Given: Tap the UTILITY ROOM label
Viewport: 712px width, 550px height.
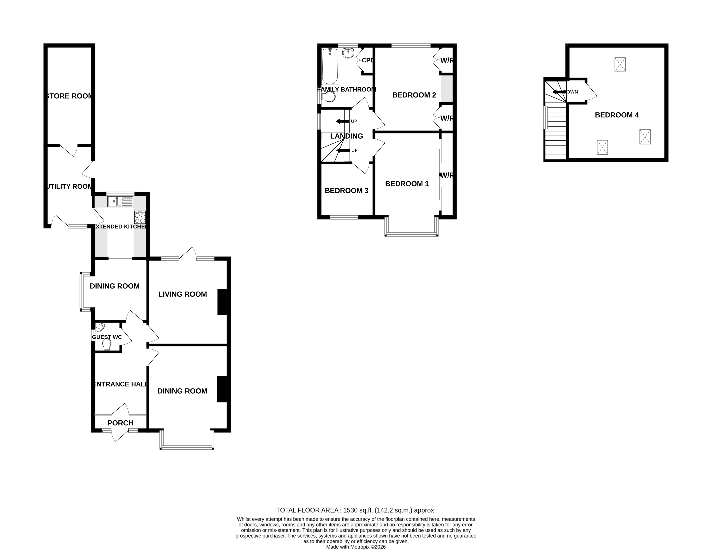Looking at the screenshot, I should point(69,186).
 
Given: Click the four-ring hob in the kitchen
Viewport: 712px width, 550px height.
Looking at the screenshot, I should point(140,217).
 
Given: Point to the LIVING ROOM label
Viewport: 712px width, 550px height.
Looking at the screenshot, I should point(183,294).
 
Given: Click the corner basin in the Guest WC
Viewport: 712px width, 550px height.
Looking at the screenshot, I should point(100,327).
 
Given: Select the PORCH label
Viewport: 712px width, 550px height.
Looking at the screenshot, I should point(120,423).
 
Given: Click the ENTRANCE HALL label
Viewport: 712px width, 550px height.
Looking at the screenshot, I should point(120,384).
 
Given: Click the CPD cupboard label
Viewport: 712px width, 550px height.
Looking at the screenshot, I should point(367,60).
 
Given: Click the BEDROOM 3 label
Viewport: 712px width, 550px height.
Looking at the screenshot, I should point(346,191).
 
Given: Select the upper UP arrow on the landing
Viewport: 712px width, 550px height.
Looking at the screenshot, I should point(342,121).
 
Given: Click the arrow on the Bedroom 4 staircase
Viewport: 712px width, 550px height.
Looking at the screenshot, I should point(559,92).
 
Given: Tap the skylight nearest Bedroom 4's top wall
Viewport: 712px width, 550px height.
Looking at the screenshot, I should point(620,64).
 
